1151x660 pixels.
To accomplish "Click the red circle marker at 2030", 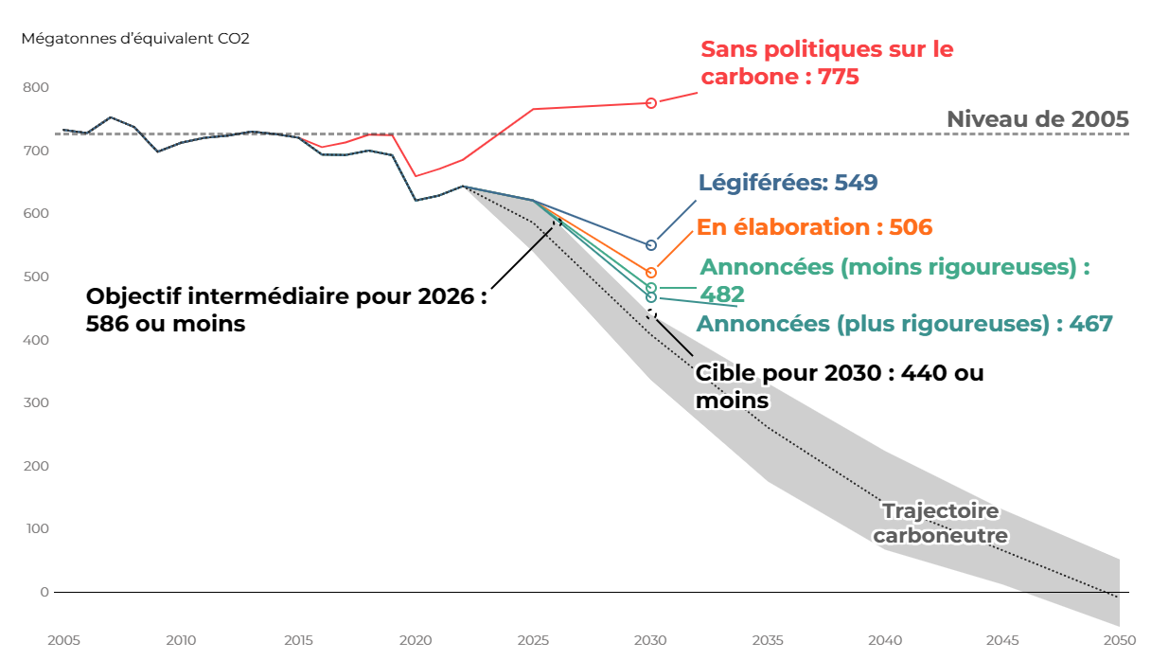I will [651, 103].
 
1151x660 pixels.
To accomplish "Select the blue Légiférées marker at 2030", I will [651, 245].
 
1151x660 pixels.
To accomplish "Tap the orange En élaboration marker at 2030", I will [651, 273].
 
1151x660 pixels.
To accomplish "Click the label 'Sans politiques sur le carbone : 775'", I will [826, 62].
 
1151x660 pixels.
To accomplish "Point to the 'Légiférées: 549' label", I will [788, 183].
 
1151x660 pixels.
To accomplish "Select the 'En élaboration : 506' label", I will [814, 227].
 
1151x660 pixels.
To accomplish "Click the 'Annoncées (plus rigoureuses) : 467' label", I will [904, 324].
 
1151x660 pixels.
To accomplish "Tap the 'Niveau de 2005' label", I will [1037, 119].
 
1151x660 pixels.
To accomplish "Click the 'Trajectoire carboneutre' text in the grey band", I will [940, 524].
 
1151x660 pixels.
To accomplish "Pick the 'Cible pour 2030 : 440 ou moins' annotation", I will [839, 386].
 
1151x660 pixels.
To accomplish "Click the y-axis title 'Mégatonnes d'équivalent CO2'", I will [135, 39].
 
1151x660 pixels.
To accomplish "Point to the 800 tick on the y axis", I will [37, 87].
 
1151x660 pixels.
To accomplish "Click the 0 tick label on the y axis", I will [44, 592].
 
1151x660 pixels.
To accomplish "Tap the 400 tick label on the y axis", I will [37, 340].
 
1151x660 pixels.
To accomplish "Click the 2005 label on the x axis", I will [63, 639].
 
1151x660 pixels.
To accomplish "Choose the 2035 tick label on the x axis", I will [768, 639].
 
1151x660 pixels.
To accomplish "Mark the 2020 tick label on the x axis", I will [416, 639].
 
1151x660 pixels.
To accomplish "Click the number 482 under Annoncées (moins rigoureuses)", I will [722, 294].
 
